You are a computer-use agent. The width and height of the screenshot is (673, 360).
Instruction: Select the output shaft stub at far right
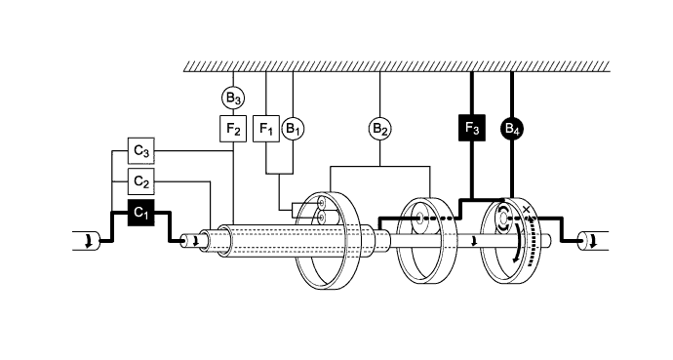[591, 240]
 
